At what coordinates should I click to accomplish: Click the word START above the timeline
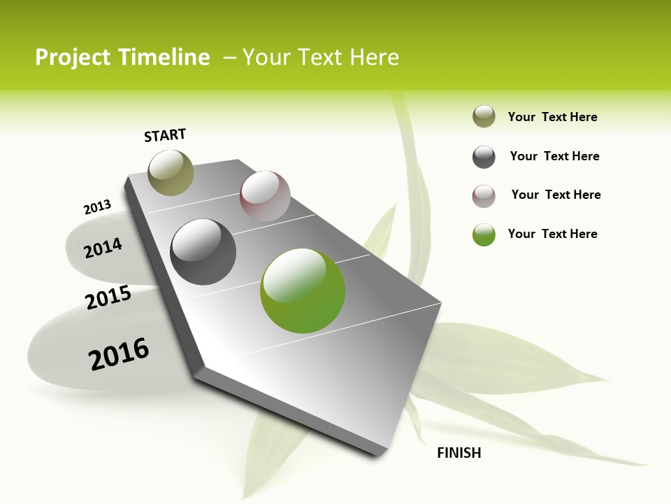pos(165,135)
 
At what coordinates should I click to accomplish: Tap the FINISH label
pos(459,453)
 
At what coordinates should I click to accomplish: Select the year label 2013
pos(97,207)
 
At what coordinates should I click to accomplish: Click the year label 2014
pos(103,248)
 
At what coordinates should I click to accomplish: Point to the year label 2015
pos(108,297)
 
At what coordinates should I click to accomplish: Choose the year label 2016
pos(119,354)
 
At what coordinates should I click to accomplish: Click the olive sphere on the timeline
pos(171,172)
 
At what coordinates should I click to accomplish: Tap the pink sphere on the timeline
pos(265,196)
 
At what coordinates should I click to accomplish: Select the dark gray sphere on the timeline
pos(203,252)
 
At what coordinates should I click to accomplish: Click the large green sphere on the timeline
pos(303,290)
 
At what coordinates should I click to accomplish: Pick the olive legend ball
pos(484,117)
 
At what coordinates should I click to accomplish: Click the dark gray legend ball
pos(484,157)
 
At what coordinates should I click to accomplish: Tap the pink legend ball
pos(484,196)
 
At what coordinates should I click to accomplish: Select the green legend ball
pos(484,234)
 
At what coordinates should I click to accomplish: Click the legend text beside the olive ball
pos(552,117)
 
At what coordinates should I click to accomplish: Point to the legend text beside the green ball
pos(552,234)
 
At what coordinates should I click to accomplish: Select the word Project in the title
pos(73,57)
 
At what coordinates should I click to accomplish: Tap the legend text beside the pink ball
pos(556,195)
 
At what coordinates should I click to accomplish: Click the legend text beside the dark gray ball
pos(554,156)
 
